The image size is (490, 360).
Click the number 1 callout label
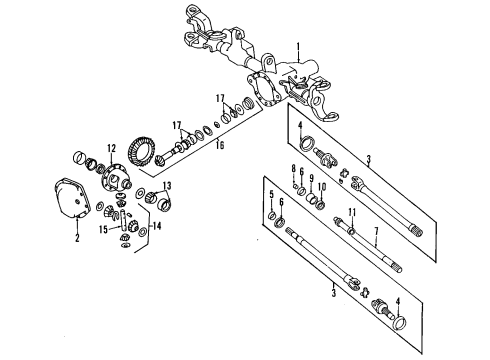coord(297,46)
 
